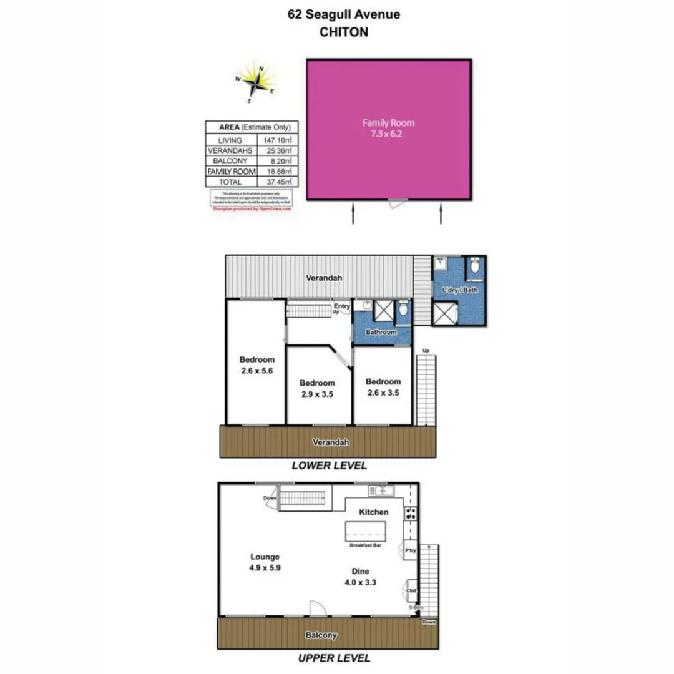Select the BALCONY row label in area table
(x=230, y=161)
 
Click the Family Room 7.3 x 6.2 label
(x=388, y=128)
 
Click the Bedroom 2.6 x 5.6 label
(x=256, y=365)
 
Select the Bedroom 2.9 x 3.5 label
(x=317, y=388)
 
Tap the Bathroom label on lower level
(x=381, y=332)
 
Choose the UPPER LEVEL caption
(x=334, y=658)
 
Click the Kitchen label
(x=374, y=512)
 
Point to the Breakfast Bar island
(x=366, y=532)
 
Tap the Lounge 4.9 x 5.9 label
(x=265, y=562)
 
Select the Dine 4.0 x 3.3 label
(x=360, y=577)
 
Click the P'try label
(x=411, y=551)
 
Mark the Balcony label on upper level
(x=321, y=635)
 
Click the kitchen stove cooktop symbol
(x=411, y=514)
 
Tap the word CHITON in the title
(x=343, y=32)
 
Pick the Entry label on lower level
(x=342, y=306)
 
